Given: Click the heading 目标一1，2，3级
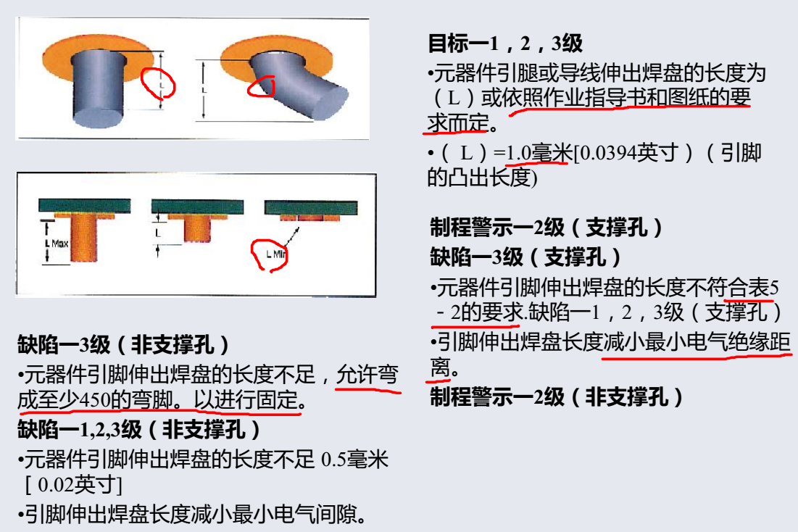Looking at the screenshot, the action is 505,43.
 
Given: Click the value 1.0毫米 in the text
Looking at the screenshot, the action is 537,152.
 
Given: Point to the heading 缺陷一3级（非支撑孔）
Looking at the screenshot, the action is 123,345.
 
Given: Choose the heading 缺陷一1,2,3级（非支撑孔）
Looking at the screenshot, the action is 139,429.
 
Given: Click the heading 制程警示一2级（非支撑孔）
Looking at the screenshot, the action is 556,396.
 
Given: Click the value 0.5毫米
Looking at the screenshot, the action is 354,460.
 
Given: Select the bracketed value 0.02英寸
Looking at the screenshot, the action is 73,485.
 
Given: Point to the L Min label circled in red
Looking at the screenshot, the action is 276,254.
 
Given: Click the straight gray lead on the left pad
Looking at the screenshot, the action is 98,88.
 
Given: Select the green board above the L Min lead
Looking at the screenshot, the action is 311,208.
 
